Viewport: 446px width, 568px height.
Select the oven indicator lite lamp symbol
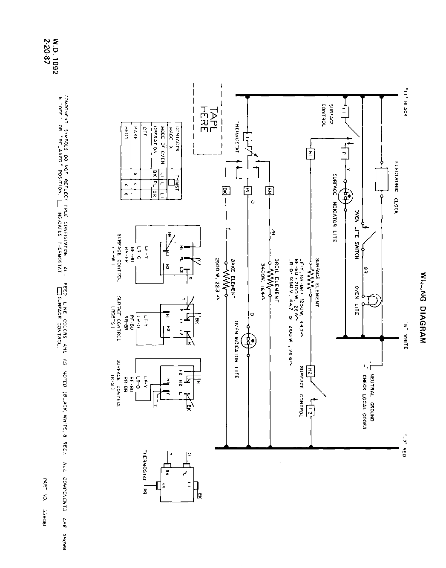click(x=249, y=340)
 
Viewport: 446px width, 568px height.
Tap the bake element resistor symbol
click(x=225, y=282)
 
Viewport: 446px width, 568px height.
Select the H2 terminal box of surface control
click(x=311, y=370)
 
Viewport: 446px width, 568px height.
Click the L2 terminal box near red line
click(x=311, y=412)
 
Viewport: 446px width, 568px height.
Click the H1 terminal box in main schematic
click(x=311, y=154)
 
